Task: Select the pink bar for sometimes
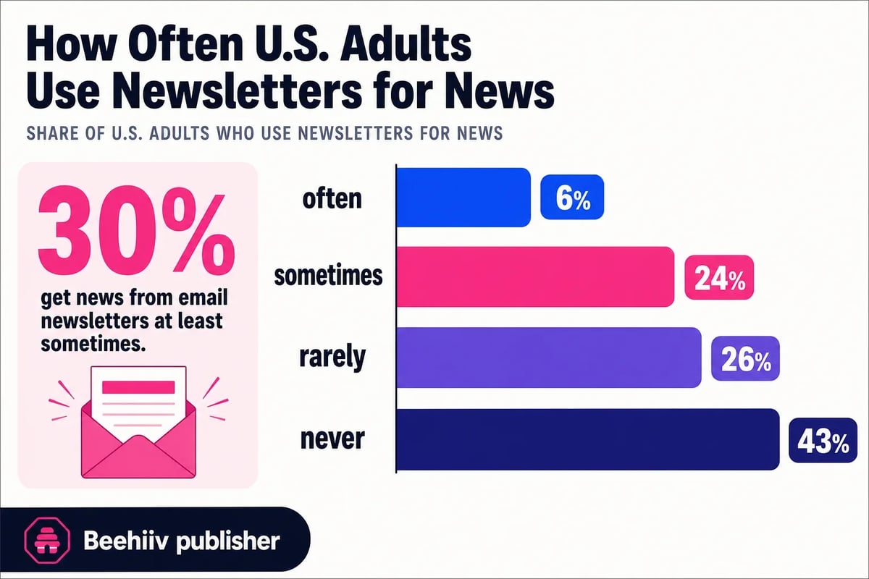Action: (x=535, y=277)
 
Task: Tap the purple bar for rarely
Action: (x=549, y=358)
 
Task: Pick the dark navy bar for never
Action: (x=588, y=439)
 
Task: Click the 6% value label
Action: (x=571, y=198)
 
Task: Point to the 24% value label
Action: (x=719, y=279)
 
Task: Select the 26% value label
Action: (x=745, y=360)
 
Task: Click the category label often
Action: (x=332, y=198)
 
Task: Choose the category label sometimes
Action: (x=327, y=277)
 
